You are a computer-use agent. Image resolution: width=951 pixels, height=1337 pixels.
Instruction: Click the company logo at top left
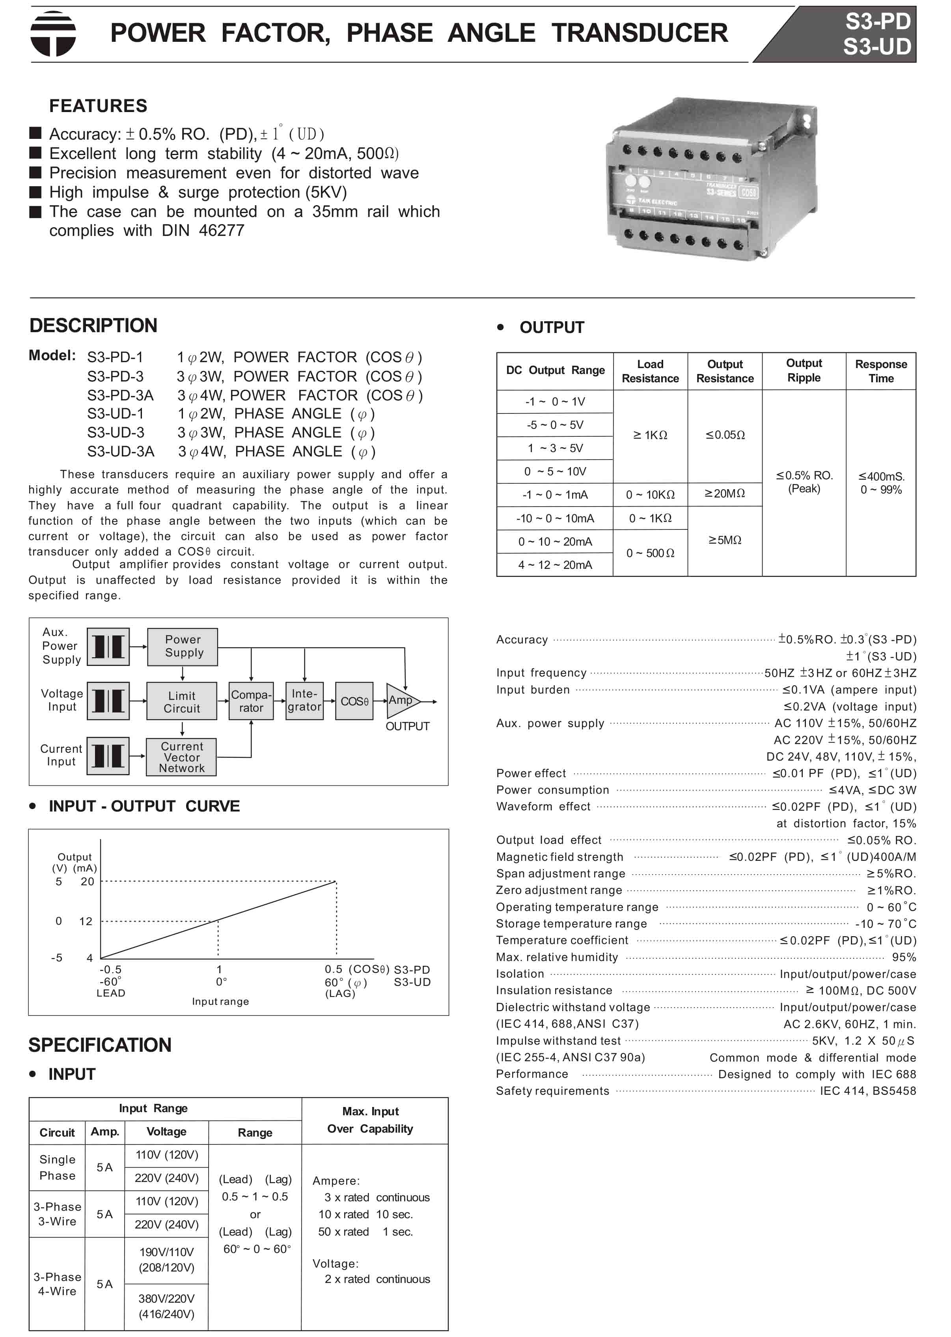coord(53,34)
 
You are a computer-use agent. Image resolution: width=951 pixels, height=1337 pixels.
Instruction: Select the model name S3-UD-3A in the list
coord(121,452)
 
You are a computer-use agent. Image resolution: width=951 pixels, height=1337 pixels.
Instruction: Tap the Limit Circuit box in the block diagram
coord(181,701)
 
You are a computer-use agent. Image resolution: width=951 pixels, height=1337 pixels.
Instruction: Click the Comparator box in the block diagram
coord(251,701)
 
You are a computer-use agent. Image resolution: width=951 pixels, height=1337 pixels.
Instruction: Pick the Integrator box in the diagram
coord(304,701)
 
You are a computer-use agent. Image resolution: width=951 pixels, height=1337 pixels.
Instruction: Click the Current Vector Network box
coord(181,757)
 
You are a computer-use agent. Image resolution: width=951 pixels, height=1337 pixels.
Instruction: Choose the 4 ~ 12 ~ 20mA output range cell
coord(555,565)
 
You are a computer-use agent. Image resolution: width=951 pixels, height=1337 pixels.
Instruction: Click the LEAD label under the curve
coord(111,993)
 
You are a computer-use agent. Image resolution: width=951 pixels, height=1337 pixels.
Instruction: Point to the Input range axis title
coord(220,1001)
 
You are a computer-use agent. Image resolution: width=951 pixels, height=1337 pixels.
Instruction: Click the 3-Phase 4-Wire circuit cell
coord(57,1284)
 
